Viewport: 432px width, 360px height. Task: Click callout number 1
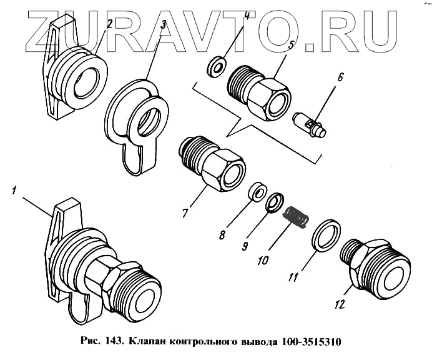pos(14,191)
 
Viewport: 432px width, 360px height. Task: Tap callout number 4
pos(247,14)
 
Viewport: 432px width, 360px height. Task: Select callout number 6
pos(340,77)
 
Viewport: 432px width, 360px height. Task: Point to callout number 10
pos(263,260)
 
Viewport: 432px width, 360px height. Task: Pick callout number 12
pos(340,304)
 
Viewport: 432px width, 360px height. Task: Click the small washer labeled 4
pos(216,66)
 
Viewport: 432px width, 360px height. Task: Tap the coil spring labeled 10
pos(297,217)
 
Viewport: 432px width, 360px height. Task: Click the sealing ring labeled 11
pos(326,236)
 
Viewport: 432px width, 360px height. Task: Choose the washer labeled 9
pos(275,202)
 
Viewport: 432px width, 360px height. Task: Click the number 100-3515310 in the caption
pos(312,341)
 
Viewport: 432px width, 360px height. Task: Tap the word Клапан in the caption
pos(148,341)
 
